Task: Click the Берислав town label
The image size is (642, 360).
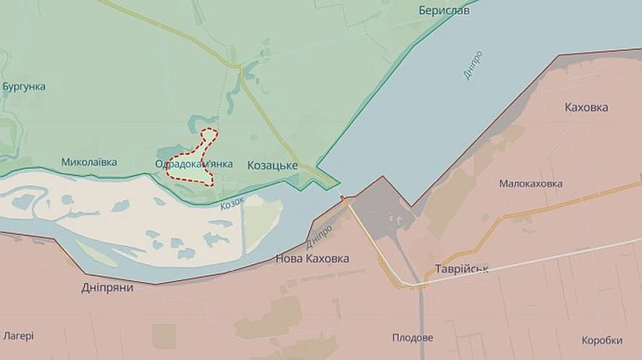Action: (444, 11)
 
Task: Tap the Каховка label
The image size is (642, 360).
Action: (586, 108)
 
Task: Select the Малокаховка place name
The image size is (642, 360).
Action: (530, 184)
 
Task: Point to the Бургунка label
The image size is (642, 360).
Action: (24, 87)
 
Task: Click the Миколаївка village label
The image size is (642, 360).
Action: (88, 163)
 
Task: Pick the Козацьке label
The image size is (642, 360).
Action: (272, 165)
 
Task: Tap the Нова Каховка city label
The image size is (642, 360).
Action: (312, 259)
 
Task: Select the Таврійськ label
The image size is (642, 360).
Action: (462, 269)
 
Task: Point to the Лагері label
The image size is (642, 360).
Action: (18, 336)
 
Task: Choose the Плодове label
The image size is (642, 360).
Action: (412, 338)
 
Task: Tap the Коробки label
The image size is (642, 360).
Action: (601, 341)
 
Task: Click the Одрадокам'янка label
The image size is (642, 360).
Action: (194, 164)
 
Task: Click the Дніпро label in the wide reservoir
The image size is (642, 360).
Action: (472, 65)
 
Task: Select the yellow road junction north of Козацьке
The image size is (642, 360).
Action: (238, 68)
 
